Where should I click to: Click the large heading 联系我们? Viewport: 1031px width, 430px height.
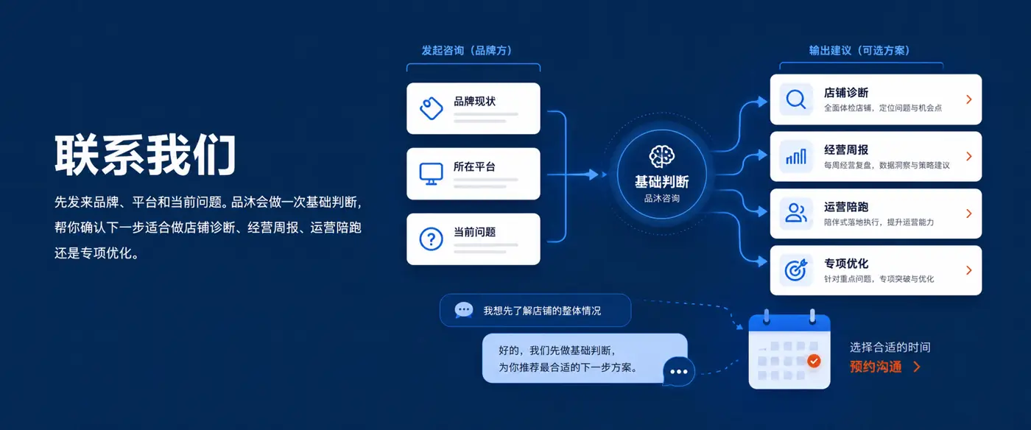click(146, 155)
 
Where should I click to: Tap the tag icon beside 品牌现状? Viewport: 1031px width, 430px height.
click(432, 108)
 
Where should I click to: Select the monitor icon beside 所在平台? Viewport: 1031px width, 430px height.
click(432, 174)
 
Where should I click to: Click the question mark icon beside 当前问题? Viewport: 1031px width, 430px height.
click(432, 239)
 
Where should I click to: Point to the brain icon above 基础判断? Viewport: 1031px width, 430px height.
click(662, 157)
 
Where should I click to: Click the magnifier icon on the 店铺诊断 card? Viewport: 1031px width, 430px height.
click(796, 99)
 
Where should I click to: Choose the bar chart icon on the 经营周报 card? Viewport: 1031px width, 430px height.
click(796, 157)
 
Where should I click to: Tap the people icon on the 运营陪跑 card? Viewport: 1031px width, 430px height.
click(796, 213)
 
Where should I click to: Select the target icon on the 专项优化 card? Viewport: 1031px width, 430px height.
click(796, 269)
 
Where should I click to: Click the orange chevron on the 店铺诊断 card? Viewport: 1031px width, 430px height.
click(969, 99)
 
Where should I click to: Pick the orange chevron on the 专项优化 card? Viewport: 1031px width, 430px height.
click(969, 270)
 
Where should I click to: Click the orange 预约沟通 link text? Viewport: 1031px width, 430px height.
click(876, 367)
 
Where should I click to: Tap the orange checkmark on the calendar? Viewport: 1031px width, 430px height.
click(814, 361)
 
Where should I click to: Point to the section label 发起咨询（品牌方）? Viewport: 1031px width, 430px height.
click(467, 50)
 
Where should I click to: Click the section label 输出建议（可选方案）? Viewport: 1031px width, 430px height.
click(859, 50)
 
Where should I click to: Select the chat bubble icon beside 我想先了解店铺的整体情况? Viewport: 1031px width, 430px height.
click(463, 310)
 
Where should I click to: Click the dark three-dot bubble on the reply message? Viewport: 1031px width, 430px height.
click(679, 371)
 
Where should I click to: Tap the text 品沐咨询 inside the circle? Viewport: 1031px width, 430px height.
click(662, 198)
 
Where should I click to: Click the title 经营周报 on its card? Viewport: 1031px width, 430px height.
click(846, 149)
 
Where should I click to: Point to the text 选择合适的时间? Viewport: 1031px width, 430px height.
click(890, 347)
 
